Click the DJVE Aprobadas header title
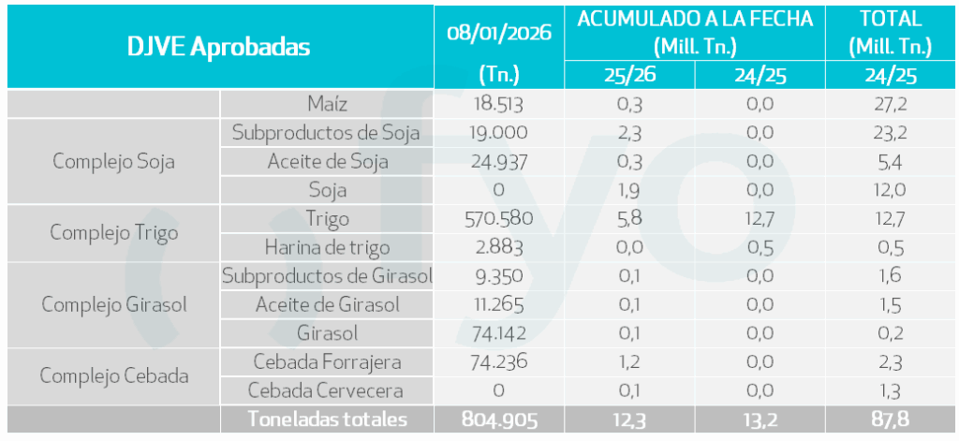click(x=219, y=47)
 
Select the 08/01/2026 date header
click(x=499, y=31)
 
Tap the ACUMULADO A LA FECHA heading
click(x=695, y=19)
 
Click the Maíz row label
click(x=327, y=104)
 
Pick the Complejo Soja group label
click(x=113, y=161)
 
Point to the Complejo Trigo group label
click(x=115, y=233)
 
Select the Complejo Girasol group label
click(x=113, y=304)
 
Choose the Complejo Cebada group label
click(x=114, y=376)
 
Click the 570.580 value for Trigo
click(x=499, y=219)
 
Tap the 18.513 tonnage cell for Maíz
click(x=499, y=104)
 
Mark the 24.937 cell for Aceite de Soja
click(x=499, y=161)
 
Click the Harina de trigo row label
click(x=327, y=247)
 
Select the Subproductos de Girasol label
click(x=327, y=276)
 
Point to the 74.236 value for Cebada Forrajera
click(x=499, y=362)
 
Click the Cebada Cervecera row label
click(x=327, y=390)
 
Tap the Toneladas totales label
click(x=327, y=419)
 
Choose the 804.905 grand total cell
click(x=499, y=419)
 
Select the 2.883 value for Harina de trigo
click(x=499, y=247)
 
